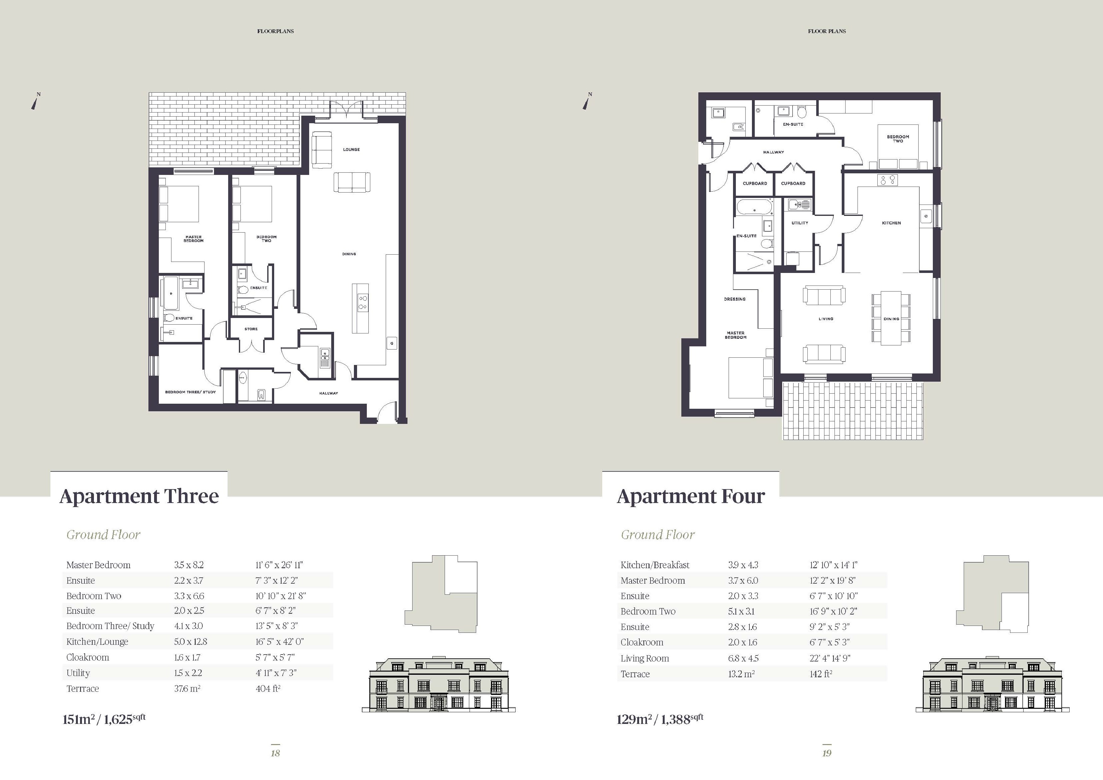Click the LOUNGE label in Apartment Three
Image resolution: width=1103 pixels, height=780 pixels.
[x=351, y=149]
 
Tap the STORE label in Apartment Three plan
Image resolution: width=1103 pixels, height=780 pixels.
[x=251, y=329]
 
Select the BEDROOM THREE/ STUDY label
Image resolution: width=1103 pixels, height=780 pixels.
[x=190, y=392]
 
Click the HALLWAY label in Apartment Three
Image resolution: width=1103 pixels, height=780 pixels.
[x=329, y=393]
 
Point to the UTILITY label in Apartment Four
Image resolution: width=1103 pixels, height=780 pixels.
[x=800, y=223]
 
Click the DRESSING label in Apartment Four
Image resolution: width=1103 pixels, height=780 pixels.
[x=735, y=299]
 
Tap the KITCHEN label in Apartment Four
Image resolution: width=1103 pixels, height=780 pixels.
[x=891, y=223]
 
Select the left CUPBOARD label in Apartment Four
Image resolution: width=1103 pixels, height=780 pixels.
[x=755, y=183]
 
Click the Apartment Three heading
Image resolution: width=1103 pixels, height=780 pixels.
[x=139, y=496]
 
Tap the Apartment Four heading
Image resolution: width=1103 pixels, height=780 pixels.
[x=690, y=496]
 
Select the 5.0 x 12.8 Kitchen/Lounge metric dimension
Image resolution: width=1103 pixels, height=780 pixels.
[x=190, y=642]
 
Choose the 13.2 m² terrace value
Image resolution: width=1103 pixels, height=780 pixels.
[x=741, y=674]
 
